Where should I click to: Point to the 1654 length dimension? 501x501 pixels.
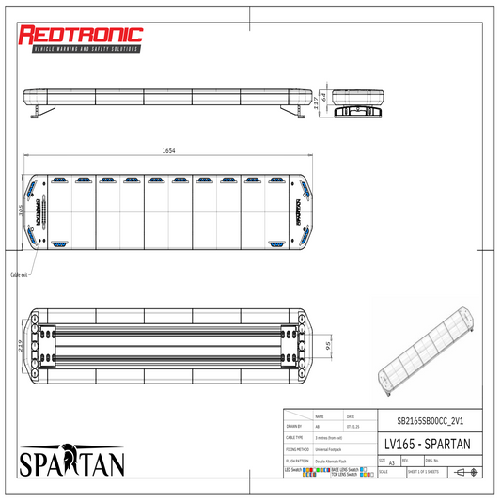168,150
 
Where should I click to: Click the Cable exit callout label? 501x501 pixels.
19,274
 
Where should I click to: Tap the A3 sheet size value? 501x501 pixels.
391,462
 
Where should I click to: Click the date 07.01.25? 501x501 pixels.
352,426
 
